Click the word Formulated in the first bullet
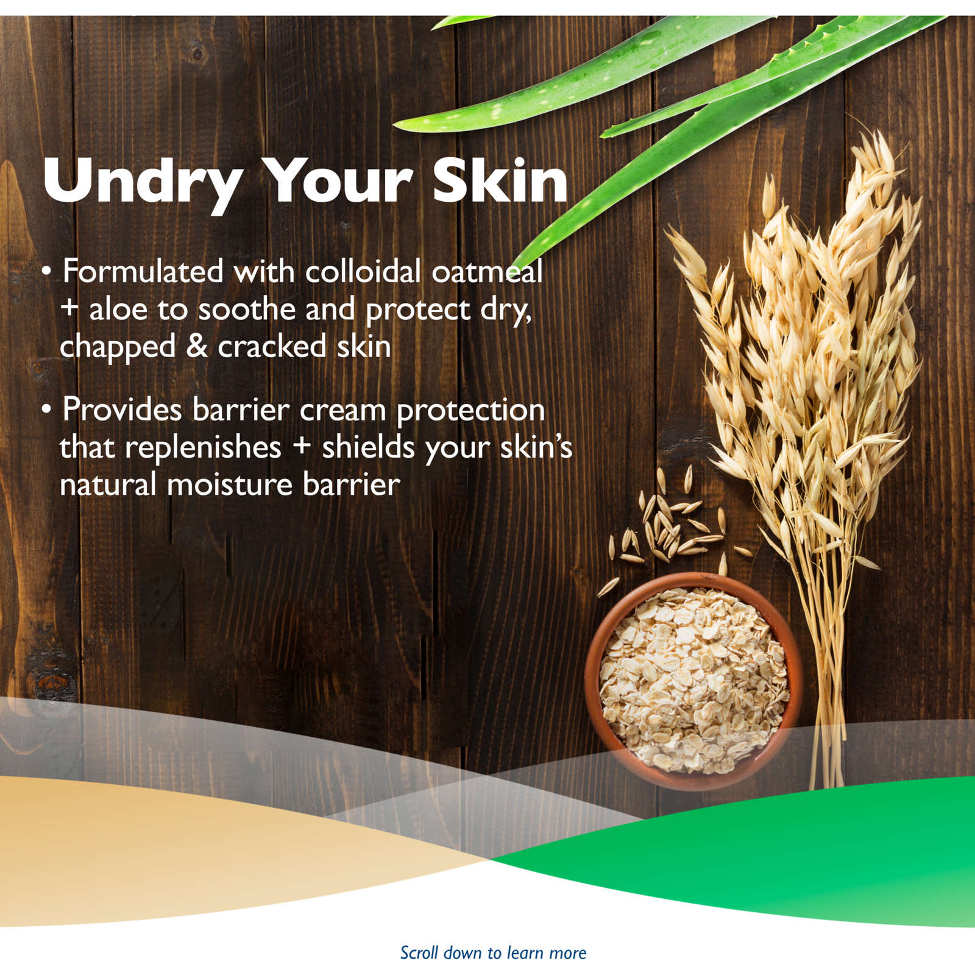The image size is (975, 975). tap(143, 271)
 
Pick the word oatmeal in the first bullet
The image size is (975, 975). tap(487, 272)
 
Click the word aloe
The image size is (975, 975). tap(118, 310)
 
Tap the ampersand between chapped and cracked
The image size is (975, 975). tap(197, 346)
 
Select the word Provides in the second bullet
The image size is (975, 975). tap(122, 409)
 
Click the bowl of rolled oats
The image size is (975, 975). tap(693, 681)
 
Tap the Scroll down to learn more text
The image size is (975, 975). tap(493, 952)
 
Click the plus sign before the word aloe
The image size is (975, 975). tap(70, 308)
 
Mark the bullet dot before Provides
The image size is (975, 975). tap(47, 409)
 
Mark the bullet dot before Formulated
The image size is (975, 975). tap(47, 272)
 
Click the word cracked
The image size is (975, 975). tap(272, 346)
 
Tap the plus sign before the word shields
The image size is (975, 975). tap(302, 447)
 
